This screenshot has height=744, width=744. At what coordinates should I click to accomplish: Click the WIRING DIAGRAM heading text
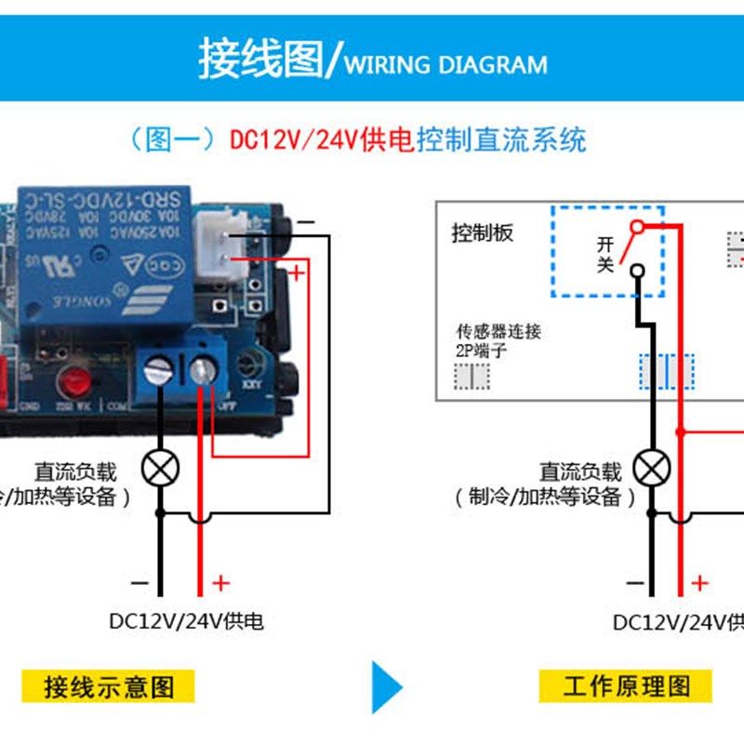[x=445, y=65]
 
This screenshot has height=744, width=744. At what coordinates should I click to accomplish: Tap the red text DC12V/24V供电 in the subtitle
[x=322, y=140]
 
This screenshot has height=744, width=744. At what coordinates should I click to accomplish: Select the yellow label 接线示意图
[x=109, y=687]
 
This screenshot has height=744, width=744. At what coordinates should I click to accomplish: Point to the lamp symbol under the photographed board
[x=160, y=467]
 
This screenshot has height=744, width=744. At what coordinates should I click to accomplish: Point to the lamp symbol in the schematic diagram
[x=653, y=467]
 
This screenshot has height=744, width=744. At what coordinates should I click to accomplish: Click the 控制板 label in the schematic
[x=482, y=232]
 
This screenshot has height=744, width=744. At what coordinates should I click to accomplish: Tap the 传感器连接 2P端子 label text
[x=498, y=339]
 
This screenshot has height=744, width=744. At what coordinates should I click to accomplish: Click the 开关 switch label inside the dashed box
[x=605, y=254]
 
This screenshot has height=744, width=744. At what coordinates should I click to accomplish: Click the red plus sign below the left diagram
[x=220, y=583]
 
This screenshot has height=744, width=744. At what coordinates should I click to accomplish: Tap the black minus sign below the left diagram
[x=139, y=583]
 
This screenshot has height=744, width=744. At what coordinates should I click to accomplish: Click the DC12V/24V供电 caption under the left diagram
[x=186, y=619]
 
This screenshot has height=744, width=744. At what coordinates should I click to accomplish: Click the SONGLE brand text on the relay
[x=80, y=302]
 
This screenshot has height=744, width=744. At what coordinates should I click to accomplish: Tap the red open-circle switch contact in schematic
[x=636, y=227]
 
